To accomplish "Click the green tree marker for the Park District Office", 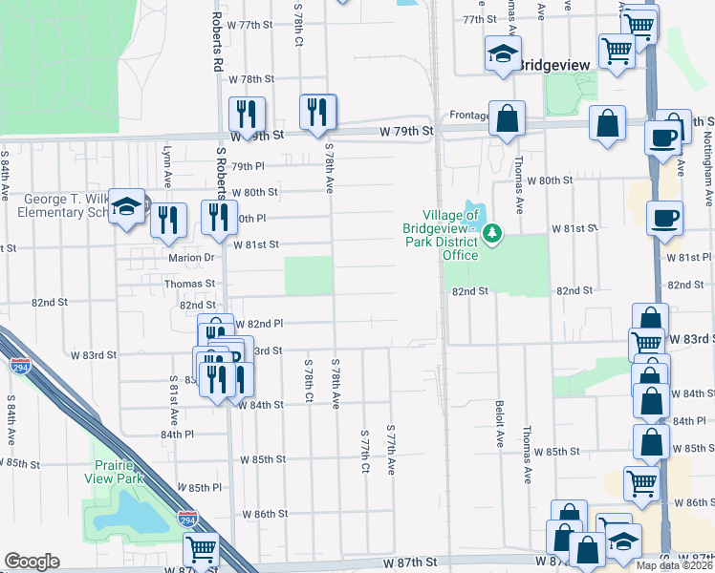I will point(492,232).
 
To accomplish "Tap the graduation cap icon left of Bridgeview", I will point(502,55).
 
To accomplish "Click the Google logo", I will point(32,562).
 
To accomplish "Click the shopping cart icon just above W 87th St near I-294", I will point(202,549).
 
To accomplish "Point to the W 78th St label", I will point(245,79).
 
